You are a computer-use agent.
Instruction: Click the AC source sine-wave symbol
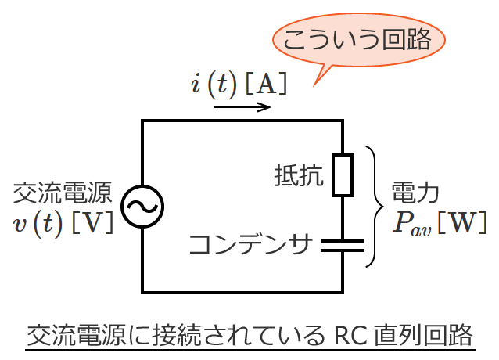(142, 207)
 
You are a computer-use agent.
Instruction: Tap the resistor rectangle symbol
(343, 175)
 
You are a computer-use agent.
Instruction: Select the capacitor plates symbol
(343, 246)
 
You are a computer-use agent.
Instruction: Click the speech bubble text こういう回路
(358, 40)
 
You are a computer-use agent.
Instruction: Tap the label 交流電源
(63, 193)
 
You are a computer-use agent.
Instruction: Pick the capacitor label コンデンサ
(251, 245)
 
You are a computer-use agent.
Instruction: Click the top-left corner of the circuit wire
(142, 121)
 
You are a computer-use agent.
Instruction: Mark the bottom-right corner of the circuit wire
(343, 291)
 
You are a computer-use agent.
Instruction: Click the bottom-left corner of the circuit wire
(142, 291)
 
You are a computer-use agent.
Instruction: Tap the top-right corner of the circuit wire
(343, 121)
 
